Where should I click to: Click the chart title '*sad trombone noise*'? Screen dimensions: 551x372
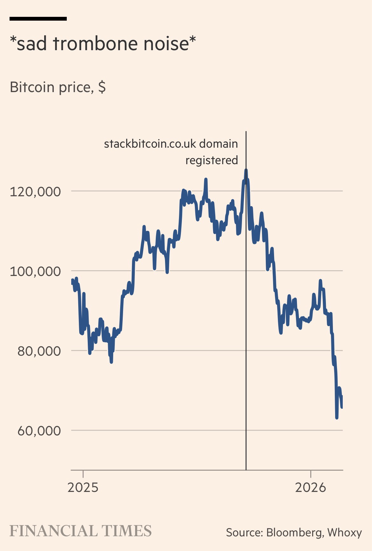[103, 44]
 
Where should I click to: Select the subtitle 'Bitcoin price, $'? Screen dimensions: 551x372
[58, 87]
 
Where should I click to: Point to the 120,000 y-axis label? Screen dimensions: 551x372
[35, 192]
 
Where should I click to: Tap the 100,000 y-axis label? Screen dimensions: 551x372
[35, 272]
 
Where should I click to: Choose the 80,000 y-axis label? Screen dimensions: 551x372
[39, 351]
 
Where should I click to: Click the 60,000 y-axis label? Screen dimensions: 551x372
[39, 431]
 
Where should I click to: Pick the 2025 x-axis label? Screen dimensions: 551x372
[83, 487]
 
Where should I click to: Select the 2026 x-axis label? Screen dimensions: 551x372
[311, 487]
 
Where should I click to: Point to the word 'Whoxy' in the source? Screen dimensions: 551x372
[344, 532]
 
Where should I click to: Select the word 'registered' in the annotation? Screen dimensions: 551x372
[211, 160]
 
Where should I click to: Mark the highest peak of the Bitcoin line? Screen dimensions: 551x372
[246, 170]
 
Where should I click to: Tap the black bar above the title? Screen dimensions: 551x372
[38, 19]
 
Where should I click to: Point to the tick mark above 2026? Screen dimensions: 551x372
[311, 474]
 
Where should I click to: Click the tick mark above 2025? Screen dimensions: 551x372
[83, 474]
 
